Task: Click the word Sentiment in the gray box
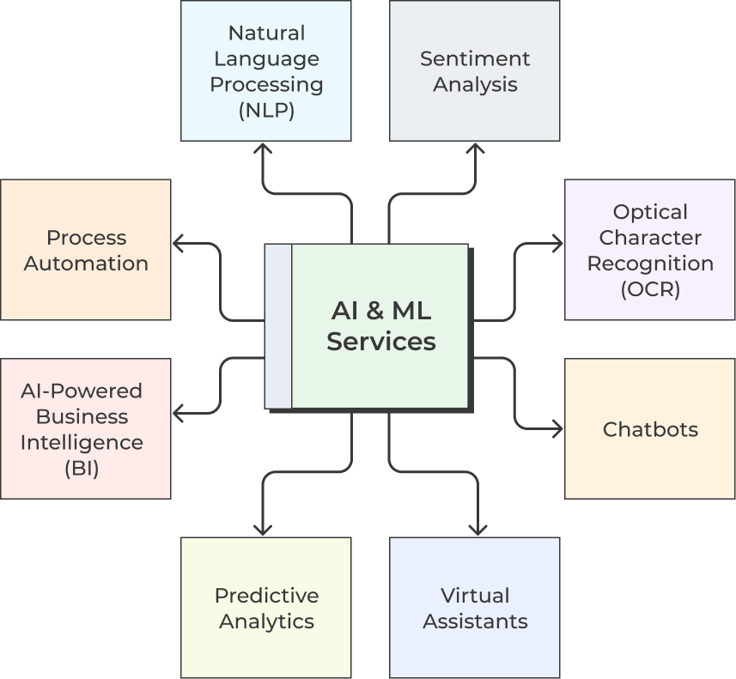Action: coord(475,58)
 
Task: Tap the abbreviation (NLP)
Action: coord(266,110)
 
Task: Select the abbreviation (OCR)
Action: coord(650,289)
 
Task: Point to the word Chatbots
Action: coord(650,429)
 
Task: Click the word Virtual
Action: coord(475,595)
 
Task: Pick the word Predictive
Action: coord(266,595)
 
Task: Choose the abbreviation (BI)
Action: coord(82,469)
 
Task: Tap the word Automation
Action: coord(86,264)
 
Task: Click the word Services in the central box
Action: coord(381,341)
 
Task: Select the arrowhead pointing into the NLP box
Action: coord(263,148)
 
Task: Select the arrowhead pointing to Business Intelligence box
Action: coord(179,414)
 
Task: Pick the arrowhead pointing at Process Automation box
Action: coord(179,244)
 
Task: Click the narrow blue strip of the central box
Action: coord(278,326)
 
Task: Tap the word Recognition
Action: coord(650,264)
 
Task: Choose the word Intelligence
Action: coord(82,443)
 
